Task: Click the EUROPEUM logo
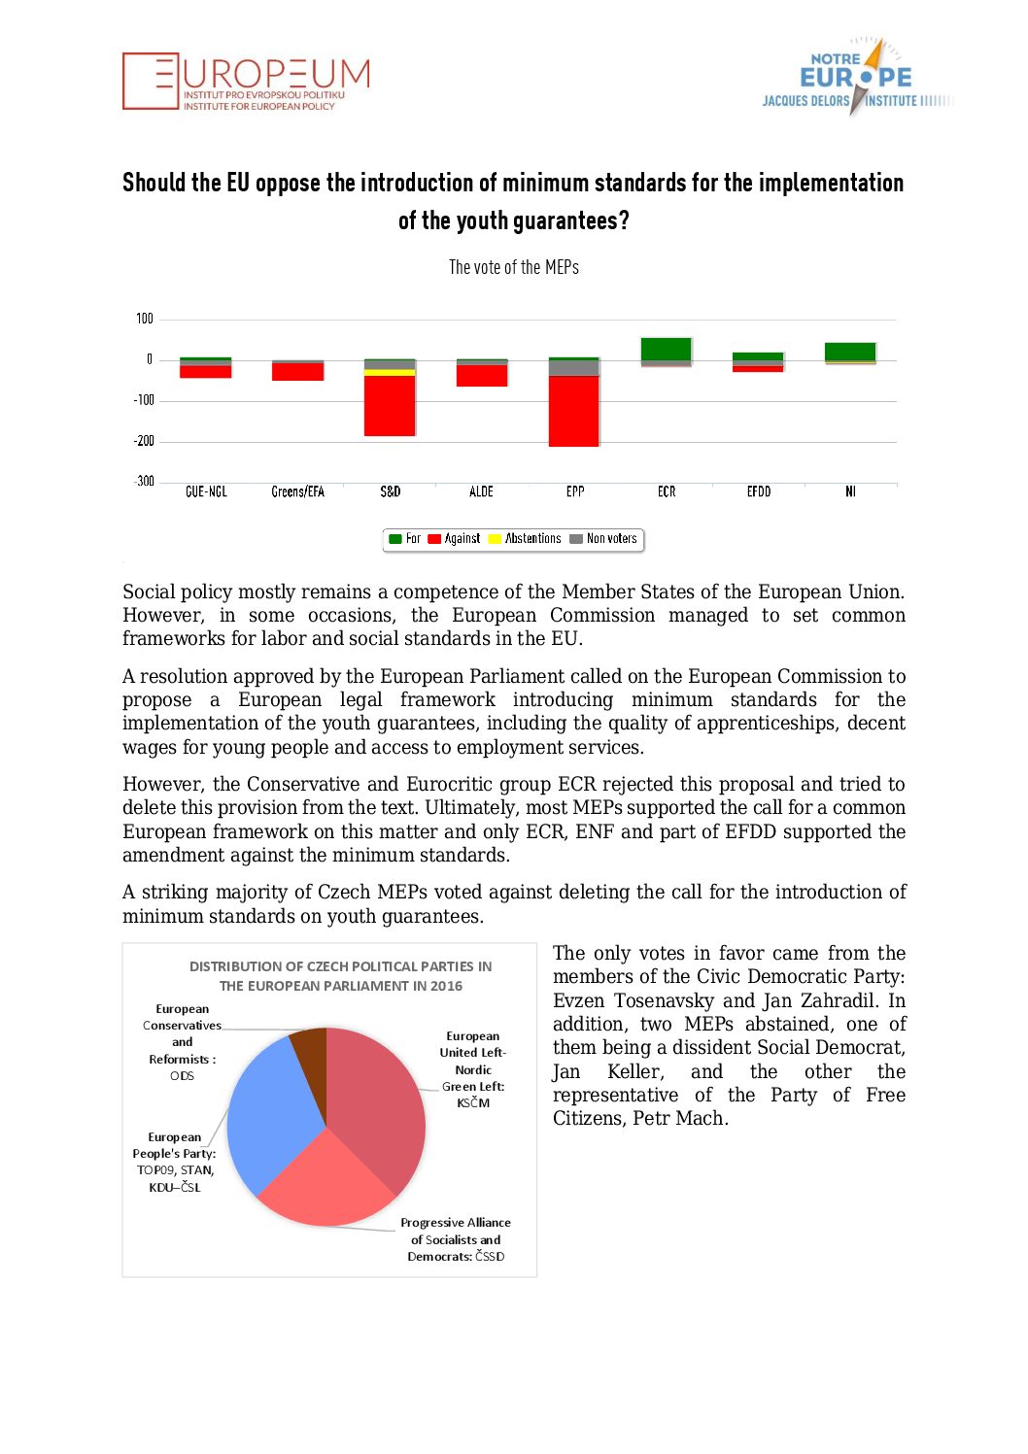pyautogui.click(x=246, y=82)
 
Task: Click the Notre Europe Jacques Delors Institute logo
pyautogui.click(x=855, y=78)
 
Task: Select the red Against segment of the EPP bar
pyautogui.click(x=573, y=411)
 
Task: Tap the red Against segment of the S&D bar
pyautogui.click(x=390, y=405)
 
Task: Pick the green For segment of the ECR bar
pyautogui.click(x=666, y=349)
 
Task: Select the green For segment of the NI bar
pyautogui.click(x=850, y=352)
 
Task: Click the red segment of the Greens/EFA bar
pyautogui.click(x=297, y=371)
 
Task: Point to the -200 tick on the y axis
pyautogui.click(x=144, y=441)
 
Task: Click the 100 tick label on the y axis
pyautogui.click(x=145, y=319)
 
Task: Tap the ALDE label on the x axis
pyautogui.click(x=481, y=492)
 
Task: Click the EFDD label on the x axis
pyautogui.click(x=759, y=492)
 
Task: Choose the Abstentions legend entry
pyautogui.click(x=525, y=539)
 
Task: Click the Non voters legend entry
pyautogui.click(x=603, y=539)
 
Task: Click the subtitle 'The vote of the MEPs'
pyautogui.click(x=514, y=267)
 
